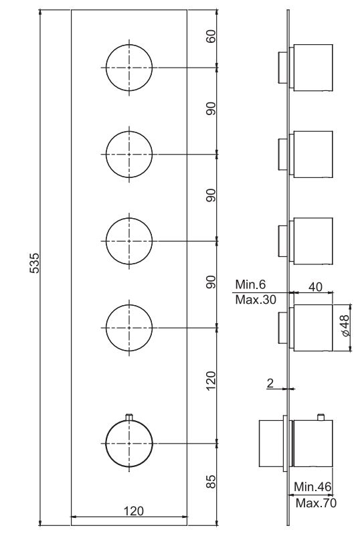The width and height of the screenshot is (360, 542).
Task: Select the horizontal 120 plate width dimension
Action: click(x=134, y=511)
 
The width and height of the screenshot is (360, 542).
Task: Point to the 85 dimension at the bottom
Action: click(x=211, y=481)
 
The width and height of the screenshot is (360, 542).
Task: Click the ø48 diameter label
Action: click(x=344, y=326)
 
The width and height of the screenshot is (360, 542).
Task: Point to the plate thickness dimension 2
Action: click(x=270, y=383)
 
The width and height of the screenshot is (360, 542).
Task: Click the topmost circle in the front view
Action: click(x=129, y=67)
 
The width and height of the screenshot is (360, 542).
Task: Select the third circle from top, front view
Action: click(x=129, y=240)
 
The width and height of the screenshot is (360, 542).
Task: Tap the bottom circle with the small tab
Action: click(x=129, y=442)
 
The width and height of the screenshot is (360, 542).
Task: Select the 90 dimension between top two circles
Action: click(x=211, y=110)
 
